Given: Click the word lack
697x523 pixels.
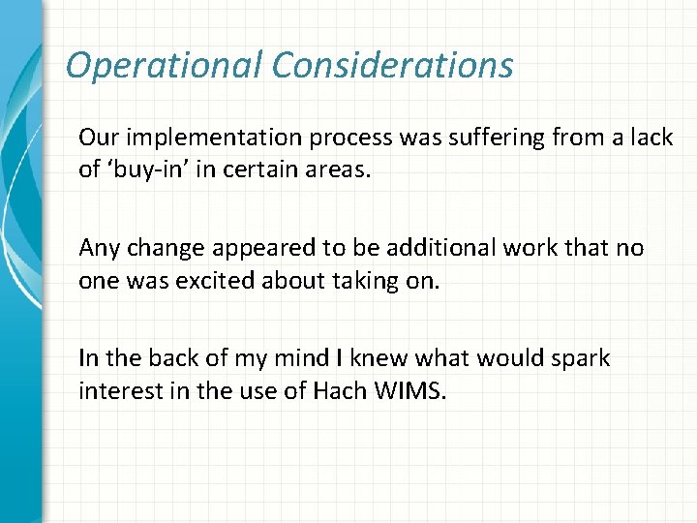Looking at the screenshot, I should (651, 138).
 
